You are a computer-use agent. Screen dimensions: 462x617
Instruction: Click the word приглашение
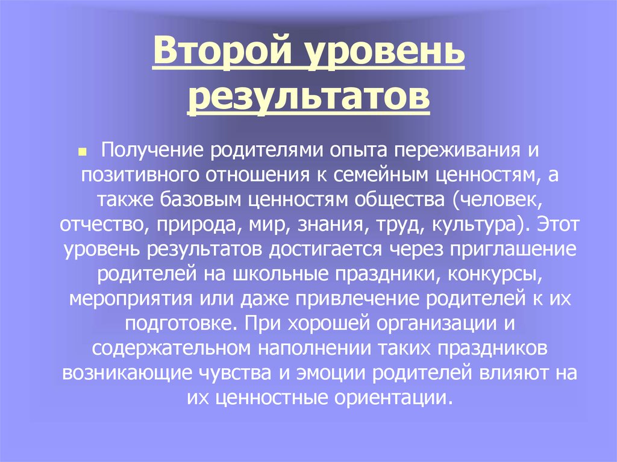click(501, 249)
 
